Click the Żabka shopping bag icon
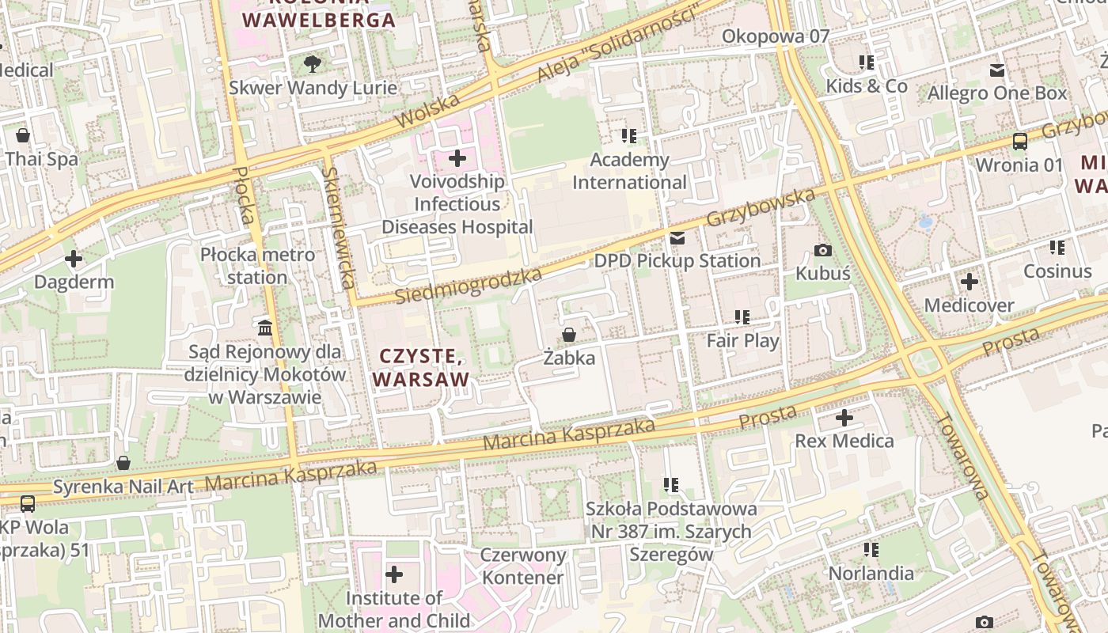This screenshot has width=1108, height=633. pyautogui.click(x=568, y=335)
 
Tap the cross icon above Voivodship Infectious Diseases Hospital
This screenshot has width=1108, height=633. pyautogui.click(x=457, y=158)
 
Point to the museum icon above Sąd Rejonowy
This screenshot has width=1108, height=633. pyautogui.click(x=265, y=328)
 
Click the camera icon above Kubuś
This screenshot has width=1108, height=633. pyautogui.click(x=823, y=251)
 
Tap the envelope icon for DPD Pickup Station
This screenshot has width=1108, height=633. pyautogui.click(x=677, y=238)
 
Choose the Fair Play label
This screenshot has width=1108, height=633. pyautogui.click(x=742, y=341)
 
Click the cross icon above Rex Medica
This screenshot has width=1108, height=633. pyautogui.click(x=844, y=417)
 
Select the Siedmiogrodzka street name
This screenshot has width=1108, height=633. pyautogui.click(x=468, y=286)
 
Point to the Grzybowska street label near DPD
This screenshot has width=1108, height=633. pyautogui.click(x=761, y=207)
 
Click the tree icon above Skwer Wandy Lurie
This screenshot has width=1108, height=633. pyautogui.click(x=313, y=63)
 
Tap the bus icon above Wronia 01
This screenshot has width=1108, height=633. pyautogui.click(x=1020, y=142)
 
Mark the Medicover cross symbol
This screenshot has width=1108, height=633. pyautogui.click(x=970, y=282)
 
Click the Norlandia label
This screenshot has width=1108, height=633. pyautogui.click(x=871, y=573)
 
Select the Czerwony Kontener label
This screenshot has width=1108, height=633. pyautogui.click(x=523, y=566)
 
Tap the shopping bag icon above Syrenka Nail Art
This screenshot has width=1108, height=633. pyautogui.click(x=123, y=463)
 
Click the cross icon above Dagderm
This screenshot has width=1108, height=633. pyautogui.click(x=74, y=259)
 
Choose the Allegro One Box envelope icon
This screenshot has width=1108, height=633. pyautogui.click(x=997, y=70)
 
